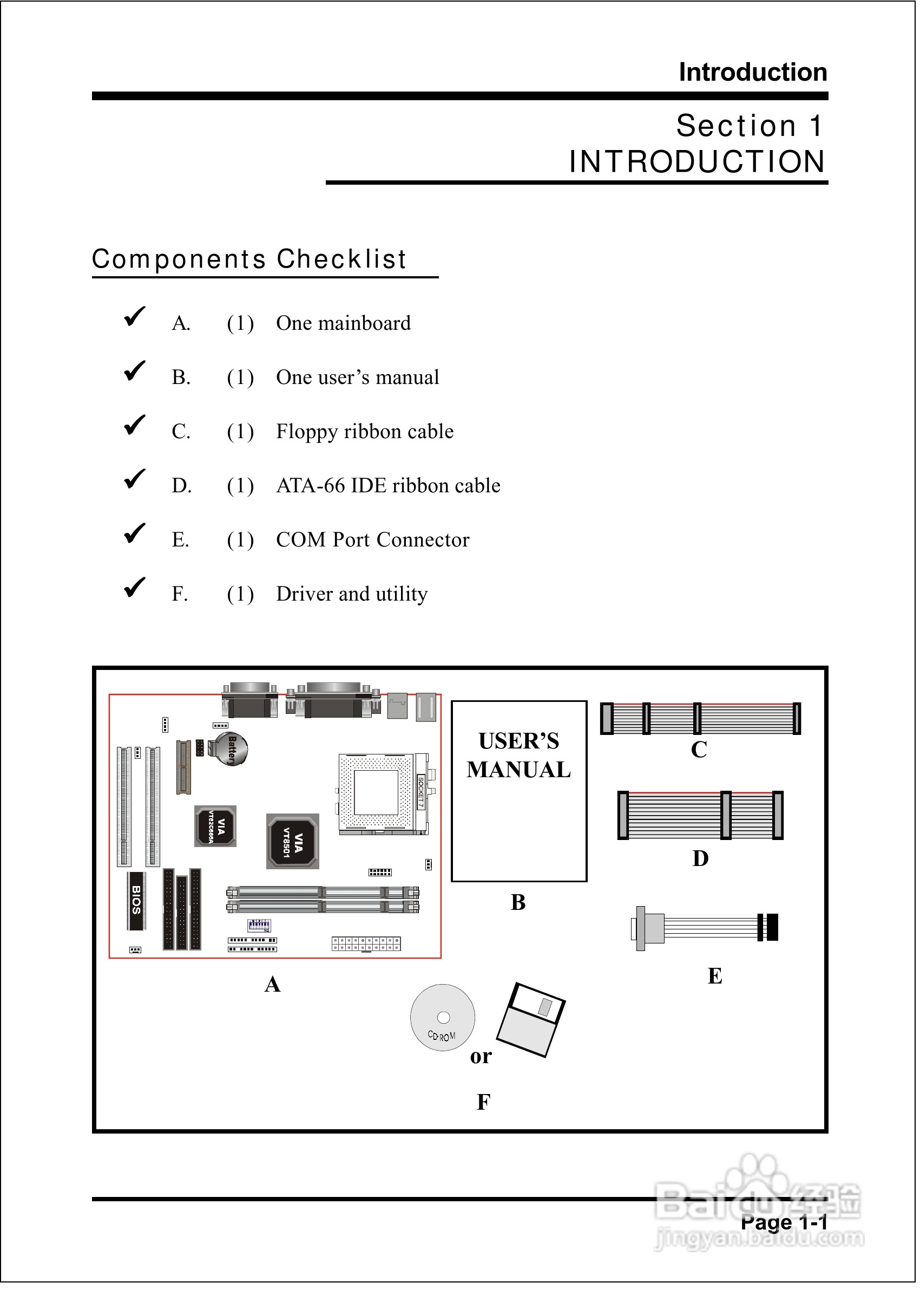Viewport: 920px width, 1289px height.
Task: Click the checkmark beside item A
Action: coord(135,317)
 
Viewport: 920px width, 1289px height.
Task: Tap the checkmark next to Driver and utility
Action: coord(135,588)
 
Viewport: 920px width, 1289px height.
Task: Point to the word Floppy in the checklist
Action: coord(306,432)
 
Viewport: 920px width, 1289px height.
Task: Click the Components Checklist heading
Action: coord(249,259)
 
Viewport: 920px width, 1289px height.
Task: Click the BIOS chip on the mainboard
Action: coord(136,900)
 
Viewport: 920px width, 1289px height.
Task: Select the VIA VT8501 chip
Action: coord(293,842)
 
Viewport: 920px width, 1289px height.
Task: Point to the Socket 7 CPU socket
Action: coord(376,793)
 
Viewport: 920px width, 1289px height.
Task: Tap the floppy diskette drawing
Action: coord(531,1020)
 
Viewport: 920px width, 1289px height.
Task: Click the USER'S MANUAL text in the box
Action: coord(518,755)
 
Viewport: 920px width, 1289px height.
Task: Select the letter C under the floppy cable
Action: coord(699,750)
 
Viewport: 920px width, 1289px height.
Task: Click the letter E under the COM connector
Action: coord(715,976)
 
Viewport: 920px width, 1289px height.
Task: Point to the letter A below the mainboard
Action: coord(273,985)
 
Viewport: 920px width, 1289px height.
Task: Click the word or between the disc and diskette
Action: coord(481,1056)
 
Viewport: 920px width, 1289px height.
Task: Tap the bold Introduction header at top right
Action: coord(753,72)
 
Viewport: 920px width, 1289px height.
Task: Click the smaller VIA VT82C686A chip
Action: coord(215,826)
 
